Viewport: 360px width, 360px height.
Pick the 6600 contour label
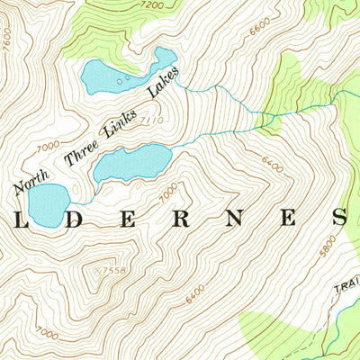261,28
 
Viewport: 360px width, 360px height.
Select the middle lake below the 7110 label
132,163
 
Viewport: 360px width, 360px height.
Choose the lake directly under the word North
46,204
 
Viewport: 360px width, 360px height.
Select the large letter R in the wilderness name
182,218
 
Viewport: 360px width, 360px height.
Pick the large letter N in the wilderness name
234,218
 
